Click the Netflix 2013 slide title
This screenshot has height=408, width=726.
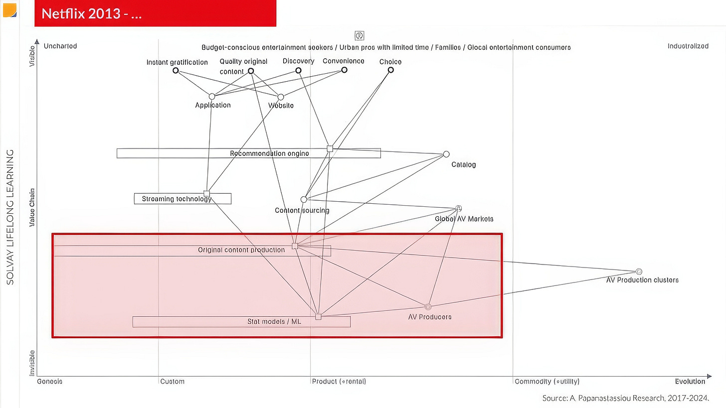click(x=92, y=14)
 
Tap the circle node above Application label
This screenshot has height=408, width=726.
click(x=212, y=96)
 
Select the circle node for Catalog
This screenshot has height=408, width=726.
click(x=446, y=154)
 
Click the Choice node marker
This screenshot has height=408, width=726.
click(x=391, y=70)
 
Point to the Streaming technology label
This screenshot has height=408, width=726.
click(x=177, y=199)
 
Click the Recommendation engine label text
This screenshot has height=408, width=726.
click(x=269, y=153)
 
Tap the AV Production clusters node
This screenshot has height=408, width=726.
click(x=639, y=272)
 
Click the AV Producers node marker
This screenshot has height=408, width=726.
click(x=428, y=306)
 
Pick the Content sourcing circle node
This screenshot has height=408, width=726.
click(x=304, y=200)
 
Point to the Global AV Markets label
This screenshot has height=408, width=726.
click(x=464, y=219)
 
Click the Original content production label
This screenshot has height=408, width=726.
click(x=241, y=250)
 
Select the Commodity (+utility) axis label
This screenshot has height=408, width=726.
click(x=547, y=382)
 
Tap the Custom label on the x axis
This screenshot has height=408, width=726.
click(x=173, y=382)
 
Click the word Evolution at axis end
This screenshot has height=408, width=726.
click(x=690, y=382)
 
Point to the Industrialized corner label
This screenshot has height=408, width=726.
click(x=688, y=46)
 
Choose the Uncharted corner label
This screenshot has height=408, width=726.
click(x=60, y=46)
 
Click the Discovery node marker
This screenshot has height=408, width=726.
click(x=298, y=70)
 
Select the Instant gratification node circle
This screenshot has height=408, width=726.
click(x=176, y=70)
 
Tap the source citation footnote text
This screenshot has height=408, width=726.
click(x=625, y=398)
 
